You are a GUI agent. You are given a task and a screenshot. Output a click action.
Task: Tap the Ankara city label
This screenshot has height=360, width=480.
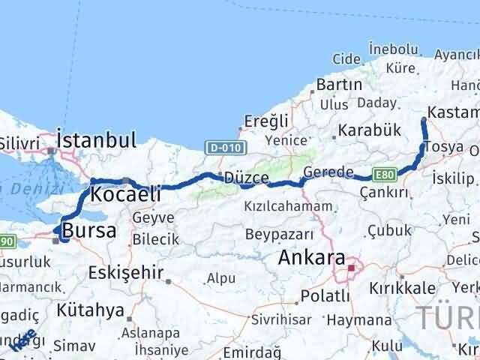coord(311,258)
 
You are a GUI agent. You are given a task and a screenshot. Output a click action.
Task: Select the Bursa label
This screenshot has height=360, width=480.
coord(89,231)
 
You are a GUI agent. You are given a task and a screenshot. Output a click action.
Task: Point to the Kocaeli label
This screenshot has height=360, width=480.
coord(125,194)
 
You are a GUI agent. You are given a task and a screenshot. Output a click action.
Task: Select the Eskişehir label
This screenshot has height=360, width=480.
coord(125,272)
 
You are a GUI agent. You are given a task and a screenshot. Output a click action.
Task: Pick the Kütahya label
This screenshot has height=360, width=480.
coord(90,310)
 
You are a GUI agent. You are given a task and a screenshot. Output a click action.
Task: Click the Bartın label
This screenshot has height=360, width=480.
coord(339,85)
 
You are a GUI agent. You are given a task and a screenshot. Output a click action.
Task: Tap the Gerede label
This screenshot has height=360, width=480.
coord(328,172)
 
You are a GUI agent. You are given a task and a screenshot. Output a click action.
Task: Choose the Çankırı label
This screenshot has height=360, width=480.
coord(384,193)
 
